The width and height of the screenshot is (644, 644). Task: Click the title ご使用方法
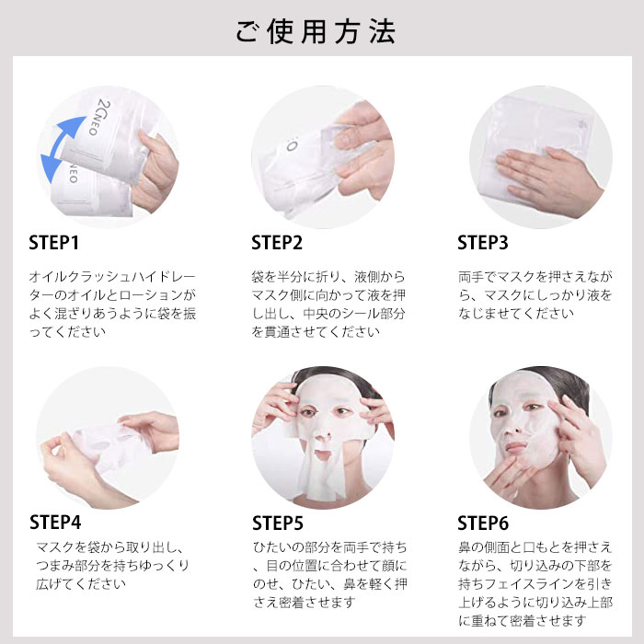pyautogui.click(x=316, y=31)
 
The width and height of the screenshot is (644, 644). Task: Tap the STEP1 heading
pyautogui.click(x=53, y=242)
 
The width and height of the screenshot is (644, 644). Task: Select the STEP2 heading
pyautogui.click(x=277, y=242)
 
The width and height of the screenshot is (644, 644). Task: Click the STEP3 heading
pyautogui.click(x=483, y=242)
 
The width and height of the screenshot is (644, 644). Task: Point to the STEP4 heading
pyautogui.click(x=55, y=523)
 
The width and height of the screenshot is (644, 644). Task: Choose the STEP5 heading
pyautogui.click(x=278, y=523)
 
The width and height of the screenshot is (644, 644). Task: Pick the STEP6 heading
pyautogui.click(x=483, y=523)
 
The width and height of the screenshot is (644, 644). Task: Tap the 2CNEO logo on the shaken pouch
pyautogui.click(x=99, y=117)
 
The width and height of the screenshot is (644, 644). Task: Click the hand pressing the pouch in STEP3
pyautogui.click(x=548, y=180)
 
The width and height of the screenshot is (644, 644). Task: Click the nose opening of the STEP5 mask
pyautogui.click(x=323, y=435)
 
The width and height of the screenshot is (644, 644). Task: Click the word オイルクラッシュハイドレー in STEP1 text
pyautogui.click(x=112, y=277)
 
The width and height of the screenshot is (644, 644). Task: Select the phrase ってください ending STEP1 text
pyautogui.click(x=67, y=332)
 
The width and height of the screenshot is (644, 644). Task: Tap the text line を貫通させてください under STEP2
pyautogui.click(x=316, y=332)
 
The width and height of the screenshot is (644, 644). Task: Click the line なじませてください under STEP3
pyautogui.click(x=516, y=314)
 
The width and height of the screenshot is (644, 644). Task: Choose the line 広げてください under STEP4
pyautogui.click(x=81, y=583)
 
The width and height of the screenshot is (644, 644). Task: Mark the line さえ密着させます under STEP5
pyautogui.click(x=304, y=603)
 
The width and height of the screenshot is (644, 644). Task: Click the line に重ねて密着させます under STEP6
pyautogui.click(x=522, y=621)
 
